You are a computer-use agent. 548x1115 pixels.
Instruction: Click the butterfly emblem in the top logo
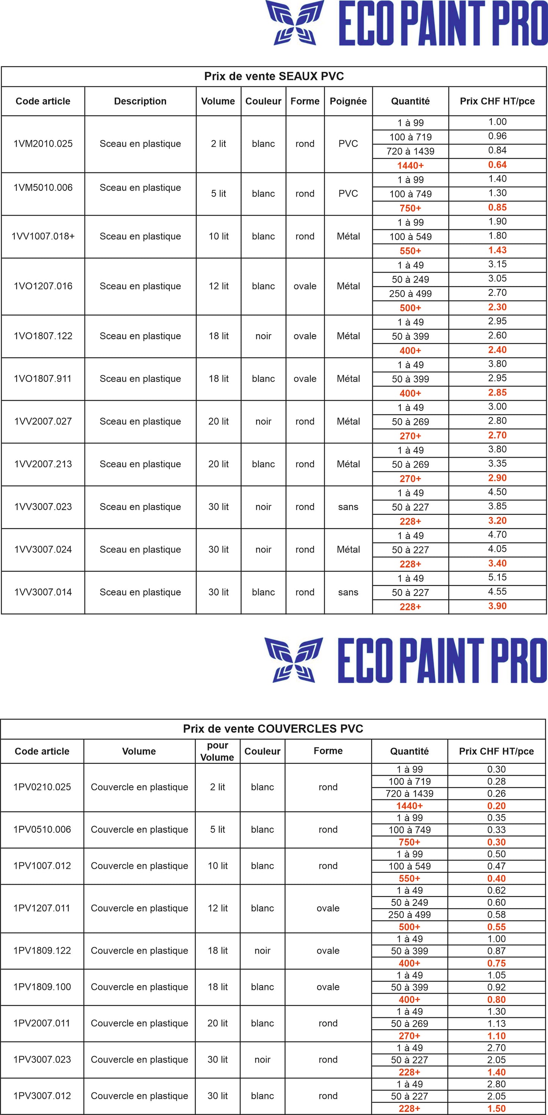point(295,22)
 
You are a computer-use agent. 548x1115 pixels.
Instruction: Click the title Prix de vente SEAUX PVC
point(274,77)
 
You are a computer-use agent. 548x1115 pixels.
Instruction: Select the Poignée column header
point(348,101)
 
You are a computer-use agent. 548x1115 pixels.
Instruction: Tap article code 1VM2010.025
point(43,144)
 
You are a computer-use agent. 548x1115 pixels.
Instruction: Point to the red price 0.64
point(497,165)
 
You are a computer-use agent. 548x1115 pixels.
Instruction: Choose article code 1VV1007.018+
point(43,236)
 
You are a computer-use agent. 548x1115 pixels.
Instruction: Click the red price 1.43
point(497,250)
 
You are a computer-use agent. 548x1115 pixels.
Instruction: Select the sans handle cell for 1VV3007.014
point(348,593)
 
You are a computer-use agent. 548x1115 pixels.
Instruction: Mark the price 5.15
point(497,577)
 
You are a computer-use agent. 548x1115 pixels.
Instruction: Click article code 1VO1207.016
point(43,286)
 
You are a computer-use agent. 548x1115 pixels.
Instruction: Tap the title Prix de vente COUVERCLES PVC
point(273,729)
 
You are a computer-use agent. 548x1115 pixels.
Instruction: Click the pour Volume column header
point(217,751)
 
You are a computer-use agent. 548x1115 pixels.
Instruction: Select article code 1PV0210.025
point(42,787)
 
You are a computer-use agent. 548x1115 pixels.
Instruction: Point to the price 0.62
point(496,891)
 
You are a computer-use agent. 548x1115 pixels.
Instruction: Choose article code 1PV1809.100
point(42,987)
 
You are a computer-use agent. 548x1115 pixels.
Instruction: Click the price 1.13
point(496,1024)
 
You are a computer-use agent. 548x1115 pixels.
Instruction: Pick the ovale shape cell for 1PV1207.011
point(328,908)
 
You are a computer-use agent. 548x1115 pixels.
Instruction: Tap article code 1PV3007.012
point(42,1096)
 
